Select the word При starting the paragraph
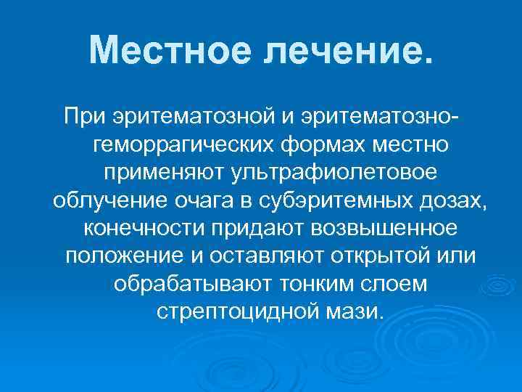81,115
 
